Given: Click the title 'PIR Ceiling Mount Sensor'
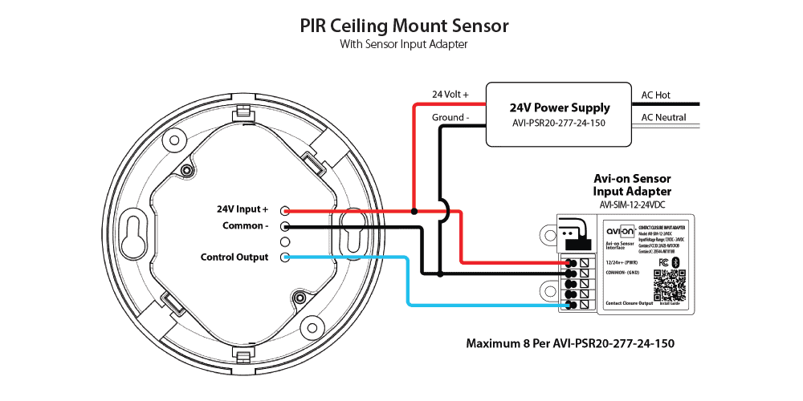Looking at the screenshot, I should pyautogui.click(x=403, y=26).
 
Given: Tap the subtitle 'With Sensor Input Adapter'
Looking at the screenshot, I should pyautogui.click(x=403, y=45).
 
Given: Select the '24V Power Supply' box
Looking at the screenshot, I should pyautogui.click(x=559, y=114).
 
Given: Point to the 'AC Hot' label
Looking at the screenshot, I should pyautogui.click(x=655, y=95).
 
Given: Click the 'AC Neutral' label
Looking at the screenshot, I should pyautogui.click(x=663, y=117).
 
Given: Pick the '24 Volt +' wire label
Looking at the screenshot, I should pyautogui.click(x=450, y=95).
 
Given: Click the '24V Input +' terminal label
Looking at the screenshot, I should pyautogui.click(x=243, y=209).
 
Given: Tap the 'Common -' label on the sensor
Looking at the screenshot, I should pyautogui.click(x=245, y=225).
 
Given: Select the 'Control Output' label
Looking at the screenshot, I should pyautogui.click(x=234, y=257).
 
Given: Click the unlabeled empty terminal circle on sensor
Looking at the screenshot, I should pyautogui.click(x=285, y=242).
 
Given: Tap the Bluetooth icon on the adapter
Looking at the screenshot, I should pyautogui.click(x=675, y=262).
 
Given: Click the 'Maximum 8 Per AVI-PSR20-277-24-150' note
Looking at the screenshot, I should pyautogui.click(x=570, y=343).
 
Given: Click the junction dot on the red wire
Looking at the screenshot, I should pyautogui.click(x=414, y=212).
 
